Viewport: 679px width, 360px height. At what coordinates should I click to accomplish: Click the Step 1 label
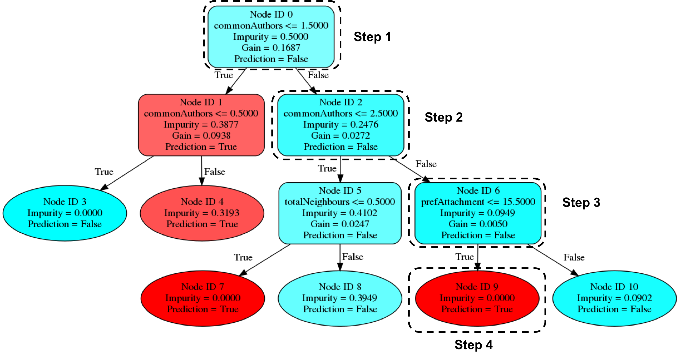[372, 37]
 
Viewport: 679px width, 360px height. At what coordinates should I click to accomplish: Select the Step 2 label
[444, 117]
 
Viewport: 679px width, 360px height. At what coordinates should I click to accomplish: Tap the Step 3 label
[581, 202]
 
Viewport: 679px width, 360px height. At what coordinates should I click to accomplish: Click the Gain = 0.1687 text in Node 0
[271, 48]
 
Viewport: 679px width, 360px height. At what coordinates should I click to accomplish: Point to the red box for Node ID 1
[201, 125]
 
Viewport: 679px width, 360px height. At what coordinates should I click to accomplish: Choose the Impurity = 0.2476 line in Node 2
[341, 124]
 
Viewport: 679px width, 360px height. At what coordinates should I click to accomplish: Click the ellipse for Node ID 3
[65, 213]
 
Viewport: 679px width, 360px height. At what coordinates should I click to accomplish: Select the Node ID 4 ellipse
[202, 213]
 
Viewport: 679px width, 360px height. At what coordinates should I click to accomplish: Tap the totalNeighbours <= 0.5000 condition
[340, 202]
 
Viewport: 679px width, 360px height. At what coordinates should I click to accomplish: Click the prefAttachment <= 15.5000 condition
[478, 202]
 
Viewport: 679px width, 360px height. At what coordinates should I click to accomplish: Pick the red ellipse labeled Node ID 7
[203, 298]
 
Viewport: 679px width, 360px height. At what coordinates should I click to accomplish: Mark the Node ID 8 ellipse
[340, 298]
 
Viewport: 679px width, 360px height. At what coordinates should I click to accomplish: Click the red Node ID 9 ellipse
[477, 298]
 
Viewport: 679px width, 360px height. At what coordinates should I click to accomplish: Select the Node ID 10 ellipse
[614, 298]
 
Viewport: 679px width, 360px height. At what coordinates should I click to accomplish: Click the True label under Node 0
[224, 75]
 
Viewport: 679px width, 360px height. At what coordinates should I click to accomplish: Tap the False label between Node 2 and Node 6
[426, 164]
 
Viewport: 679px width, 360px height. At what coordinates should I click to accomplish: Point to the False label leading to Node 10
[574, 257]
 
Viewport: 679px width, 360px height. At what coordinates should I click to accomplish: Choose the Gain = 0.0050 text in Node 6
[478, 224]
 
